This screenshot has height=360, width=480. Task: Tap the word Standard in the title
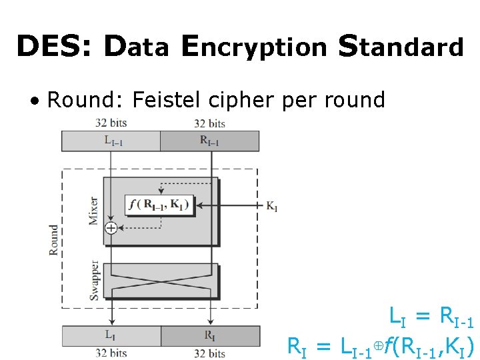[x=401, y=47]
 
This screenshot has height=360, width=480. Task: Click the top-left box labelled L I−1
[x=111, y=141]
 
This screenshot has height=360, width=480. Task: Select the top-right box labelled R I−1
[x=209, y=141]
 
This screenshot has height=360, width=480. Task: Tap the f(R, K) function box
[x=159, y=205]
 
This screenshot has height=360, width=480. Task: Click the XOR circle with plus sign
[x=111, y=228]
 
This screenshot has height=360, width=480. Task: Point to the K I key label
[x=271, y=207]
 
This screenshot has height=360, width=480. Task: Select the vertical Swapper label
[x=94, y=280]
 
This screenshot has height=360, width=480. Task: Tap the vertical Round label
[x=54, y=240]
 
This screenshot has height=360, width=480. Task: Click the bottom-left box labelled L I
[x=111, y=335]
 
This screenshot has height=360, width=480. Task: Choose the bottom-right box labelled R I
[x=210, y=335]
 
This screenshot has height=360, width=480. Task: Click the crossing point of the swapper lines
[x=161, y=282]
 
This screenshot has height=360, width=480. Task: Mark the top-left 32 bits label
[x=111, y=123]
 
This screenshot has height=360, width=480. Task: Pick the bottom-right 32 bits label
[x=209, y=353]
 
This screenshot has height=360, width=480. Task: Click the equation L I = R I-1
[x=431, y=317]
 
